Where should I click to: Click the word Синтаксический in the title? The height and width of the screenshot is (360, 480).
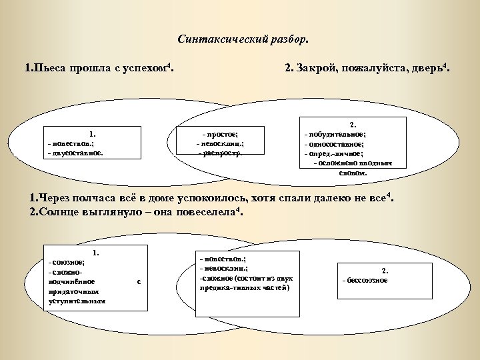pos(217,39)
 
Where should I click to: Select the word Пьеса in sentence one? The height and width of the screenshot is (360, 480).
pos(48,69)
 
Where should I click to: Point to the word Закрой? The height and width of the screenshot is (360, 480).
pos(317,69)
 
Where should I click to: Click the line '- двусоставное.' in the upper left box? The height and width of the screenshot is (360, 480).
pos(75,152)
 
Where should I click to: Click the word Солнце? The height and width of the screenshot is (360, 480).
pos(61,212)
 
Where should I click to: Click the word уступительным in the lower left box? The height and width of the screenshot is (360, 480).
pos(77,301)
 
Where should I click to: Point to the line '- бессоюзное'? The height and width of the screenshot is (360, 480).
pos(364,280)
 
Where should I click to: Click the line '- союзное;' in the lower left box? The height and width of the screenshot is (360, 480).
pos(65,263)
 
